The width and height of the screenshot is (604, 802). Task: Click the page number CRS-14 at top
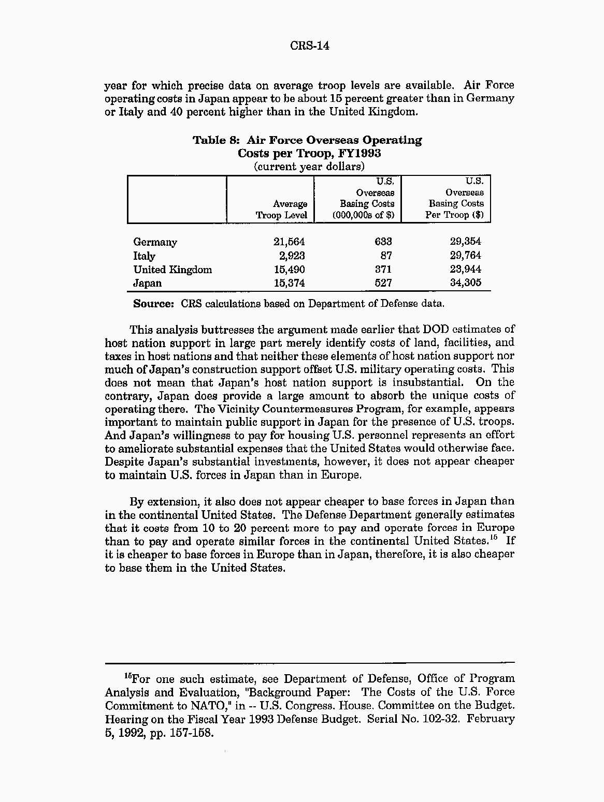(x=309, y=46)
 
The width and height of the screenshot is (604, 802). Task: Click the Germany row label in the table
(x=155, y=242)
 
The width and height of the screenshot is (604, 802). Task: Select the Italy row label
(x=144, y=256)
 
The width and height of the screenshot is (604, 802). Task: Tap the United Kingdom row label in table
(x=172, y=270)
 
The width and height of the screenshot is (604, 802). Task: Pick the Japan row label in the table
(x=147, y=283)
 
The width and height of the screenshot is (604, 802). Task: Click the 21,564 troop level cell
(x=289, y=242)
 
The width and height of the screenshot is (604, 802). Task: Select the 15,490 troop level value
(x=289, y=270)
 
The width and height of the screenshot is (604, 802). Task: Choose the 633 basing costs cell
(x=383, y=242)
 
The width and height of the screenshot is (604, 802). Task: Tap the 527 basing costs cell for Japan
(x=383, y=283)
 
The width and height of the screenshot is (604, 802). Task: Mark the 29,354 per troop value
(x=465, y=241)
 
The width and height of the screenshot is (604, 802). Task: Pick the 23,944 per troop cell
(x=465, y=269)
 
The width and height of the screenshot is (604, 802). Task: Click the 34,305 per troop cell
(x=465, y=283)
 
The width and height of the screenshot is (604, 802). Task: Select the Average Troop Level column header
(x=281, y=210)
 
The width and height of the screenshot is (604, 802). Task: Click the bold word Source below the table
(x=153, y=304)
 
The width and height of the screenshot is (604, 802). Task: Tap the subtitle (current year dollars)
(x=309, y=167)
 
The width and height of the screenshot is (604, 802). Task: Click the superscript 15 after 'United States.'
(x=494, y=538)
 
